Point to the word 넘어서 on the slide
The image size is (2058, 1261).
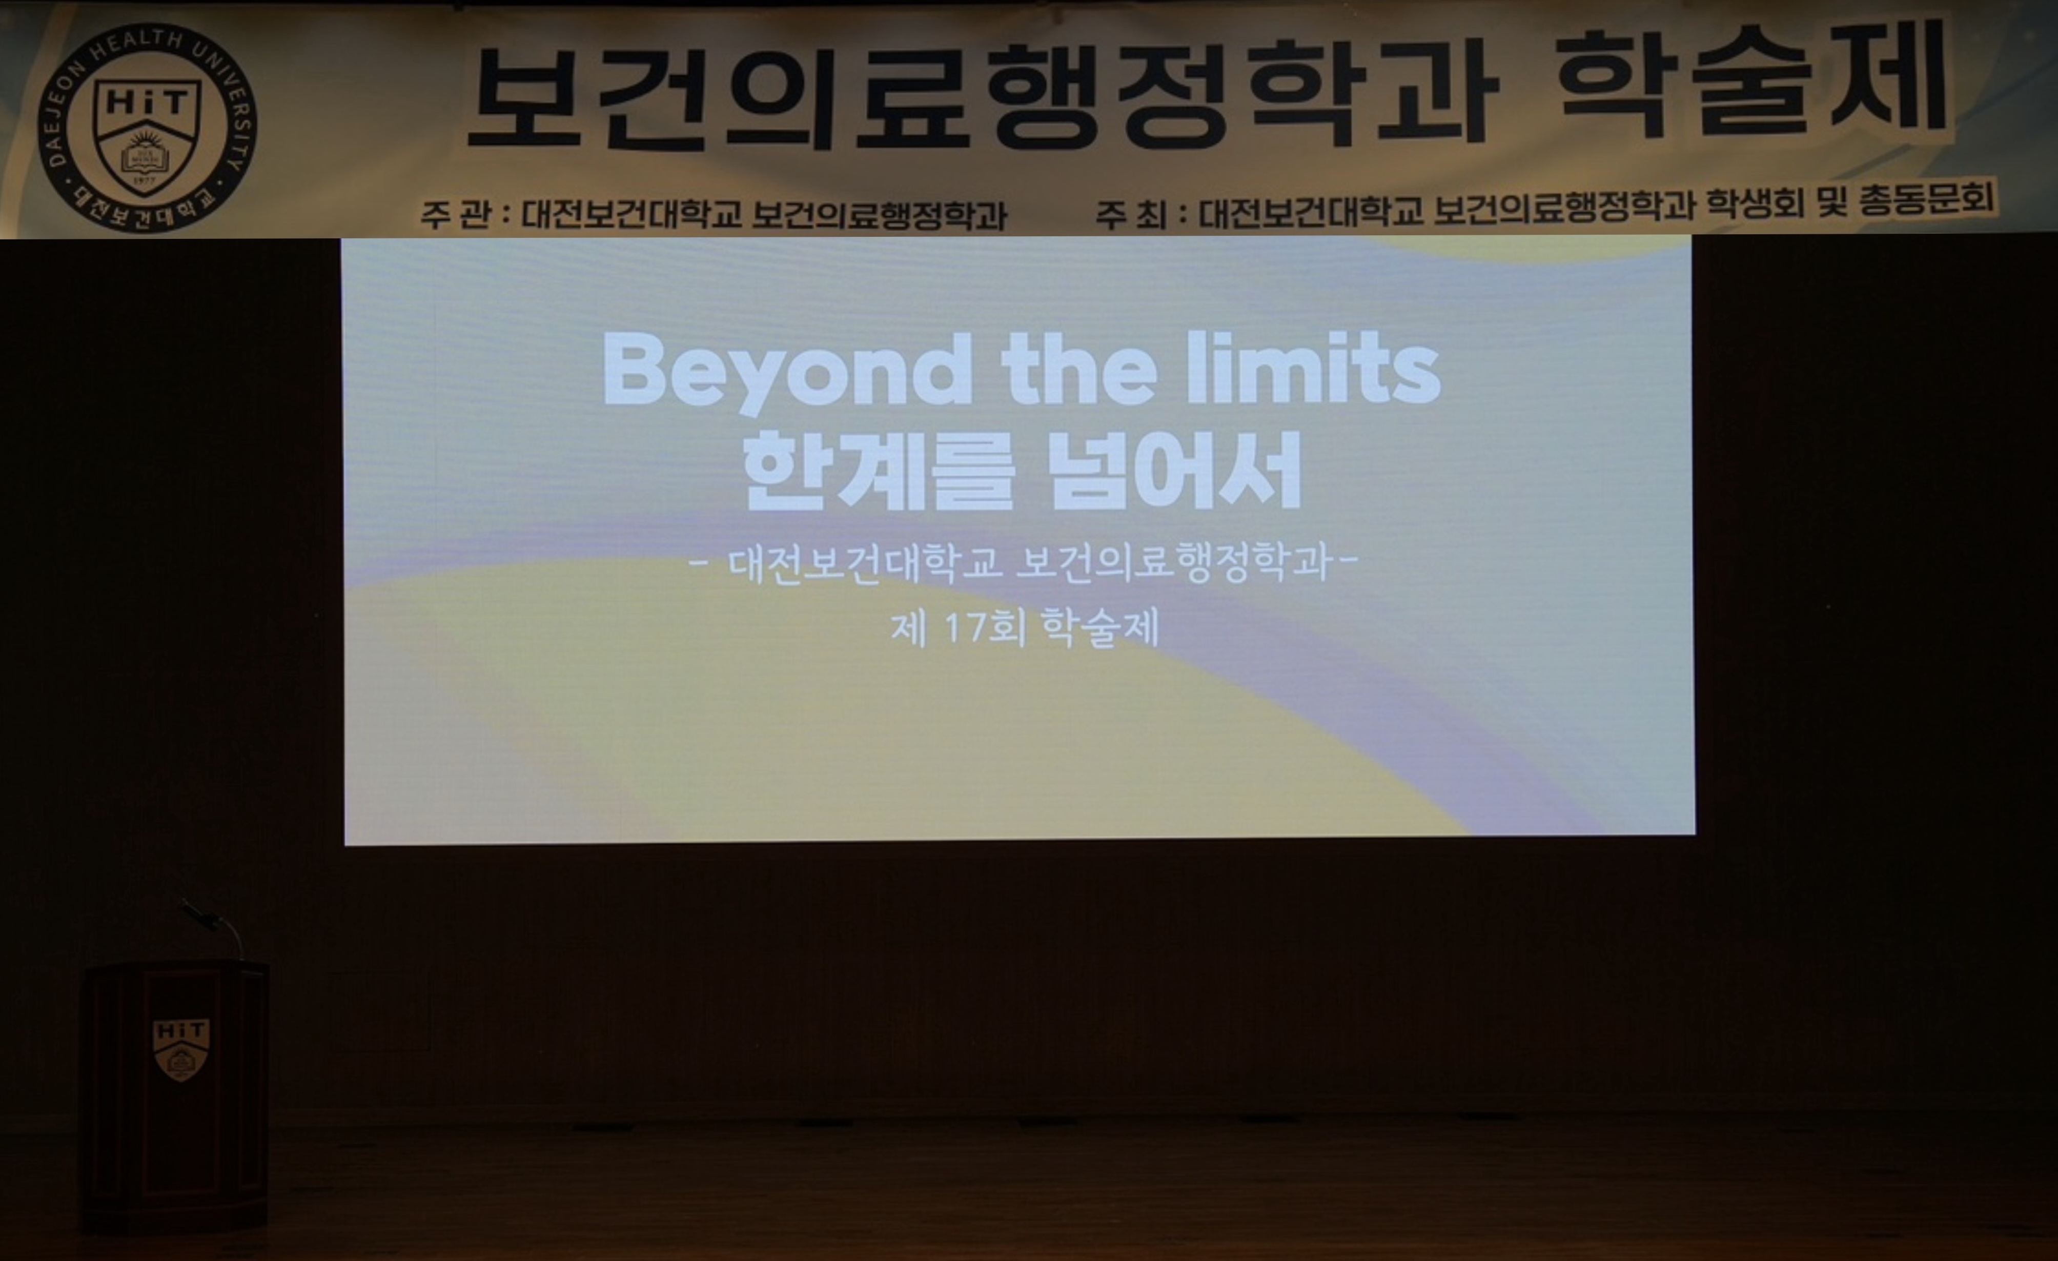1175,471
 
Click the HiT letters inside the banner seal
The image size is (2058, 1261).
148,103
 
